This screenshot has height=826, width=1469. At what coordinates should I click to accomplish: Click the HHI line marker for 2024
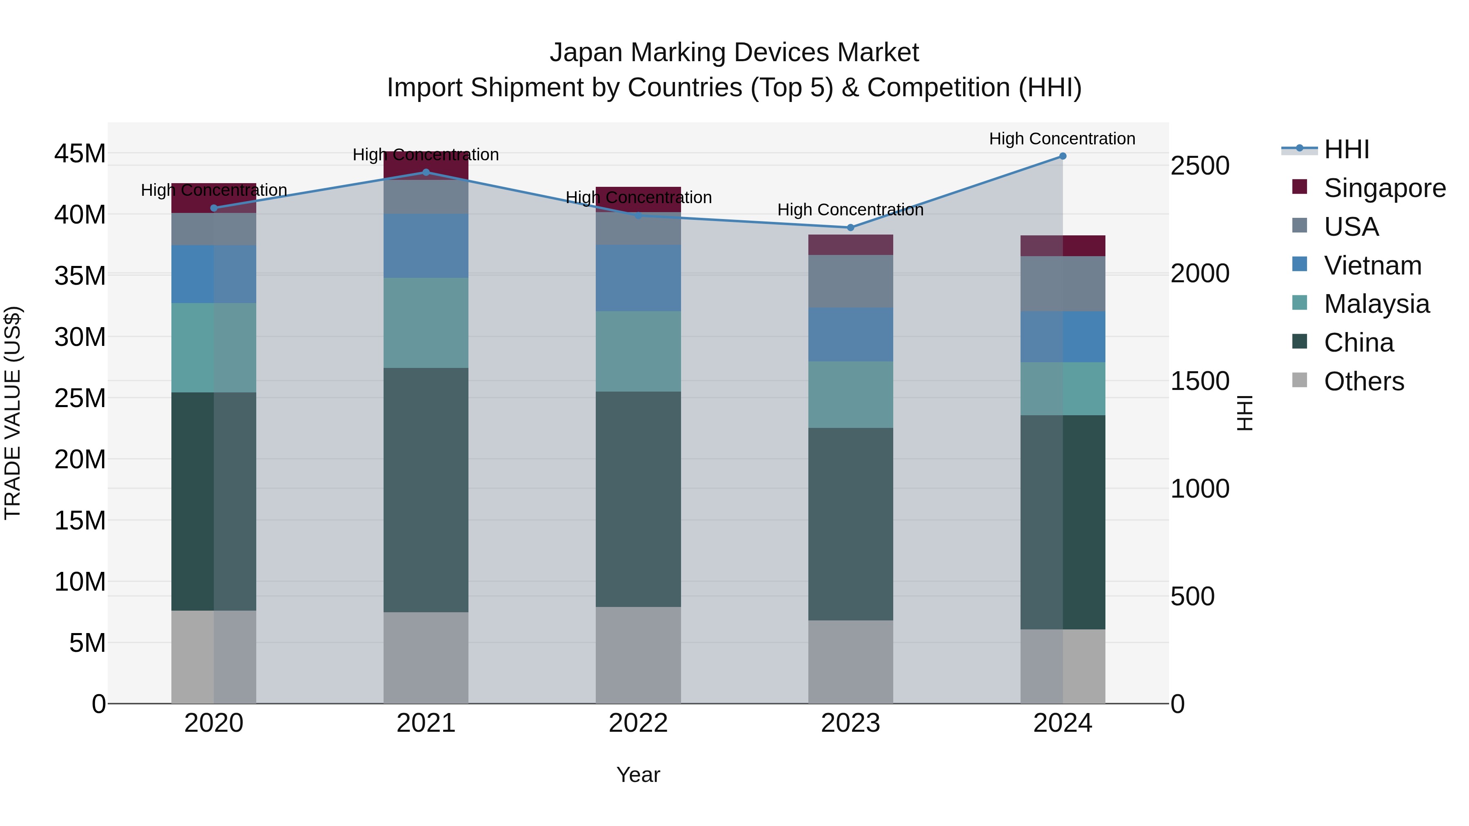(x=1063, y=156)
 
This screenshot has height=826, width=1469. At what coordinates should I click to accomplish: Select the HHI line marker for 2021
(x=426, y=172)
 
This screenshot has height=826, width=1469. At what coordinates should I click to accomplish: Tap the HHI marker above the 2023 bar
(x=850, y=228)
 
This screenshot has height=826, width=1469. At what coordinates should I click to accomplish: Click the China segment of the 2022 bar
(x=638, y=499)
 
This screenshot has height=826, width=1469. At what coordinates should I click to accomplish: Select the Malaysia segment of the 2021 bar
(x=426, y=323)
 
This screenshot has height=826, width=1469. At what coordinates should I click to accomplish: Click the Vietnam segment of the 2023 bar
(x=850, y=334)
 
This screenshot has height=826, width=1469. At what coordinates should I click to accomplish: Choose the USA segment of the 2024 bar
(x=1063, y=283)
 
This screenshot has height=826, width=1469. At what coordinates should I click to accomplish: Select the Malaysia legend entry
(x=1376, y=304)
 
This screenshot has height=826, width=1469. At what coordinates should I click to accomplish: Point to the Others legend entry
(x=1363, y=381)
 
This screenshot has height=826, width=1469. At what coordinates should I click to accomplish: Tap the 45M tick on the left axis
(x=80, y=153)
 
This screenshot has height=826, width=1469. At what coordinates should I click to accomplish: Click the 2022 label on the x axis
(x=638, y=723)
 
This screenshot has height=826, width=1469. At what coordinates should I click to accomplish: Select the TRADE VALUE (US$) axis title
(x=13, y=413)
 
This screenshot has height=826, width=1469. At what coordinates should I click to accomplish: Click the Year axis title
(x=638, y=775)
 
